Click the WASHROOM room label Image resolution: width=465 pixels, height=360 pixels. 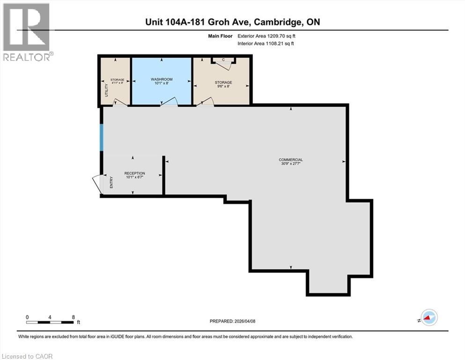click(x=162, y=80)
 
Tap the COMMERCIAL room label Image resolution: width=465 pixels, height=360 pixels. click(x=291, y=160)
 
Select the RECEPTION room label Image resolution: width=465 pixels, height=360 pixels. click(x=134, y=173)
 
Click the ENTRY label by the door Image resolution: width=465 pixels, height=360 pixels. click(x=111, y=182)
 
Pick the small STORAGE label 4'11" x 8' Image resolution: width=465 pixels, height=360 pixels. click(x=117, y=80)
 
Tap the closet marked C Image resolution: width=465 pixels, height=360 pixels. click(x=223, y=60)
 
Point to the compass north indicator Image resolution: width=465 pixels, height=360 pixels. click(x=428, y=318)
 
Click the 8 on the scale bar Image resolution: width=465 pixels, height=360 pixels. click(x=73, y=317)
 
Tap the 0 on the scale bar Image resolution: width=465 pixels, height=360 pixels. click(x=28, y=317)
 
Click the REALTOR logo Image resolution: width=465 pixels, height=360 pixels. click(x=27, y=31)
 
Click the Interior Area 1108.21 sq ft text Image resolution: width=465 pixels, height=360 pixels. click(x=266, y=43)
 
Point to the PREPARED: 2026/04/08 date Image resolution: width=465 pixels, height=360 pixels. click(x=233, y=321)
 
